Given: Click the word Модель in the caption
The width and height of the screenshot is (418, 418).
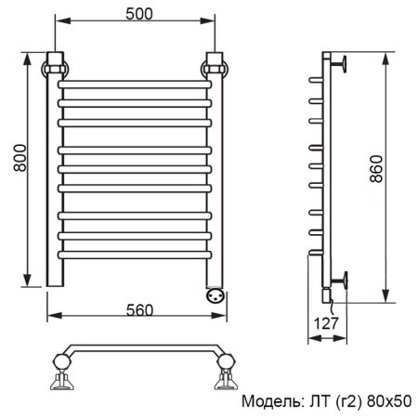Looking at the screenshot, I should pos(270,402).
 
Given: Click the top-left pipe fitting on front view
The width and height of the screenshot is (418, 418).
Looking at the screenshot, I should pos(55,68).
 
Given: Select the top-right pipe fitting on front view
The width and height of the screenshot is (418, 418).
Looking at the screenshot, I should pos(216,68).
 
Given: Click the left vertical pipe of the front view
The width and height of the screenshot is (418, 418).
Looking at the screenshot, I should pos(53,186).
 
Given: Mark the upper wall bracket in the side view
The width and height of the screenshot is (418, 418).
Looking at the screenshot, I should pos(342,64).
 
